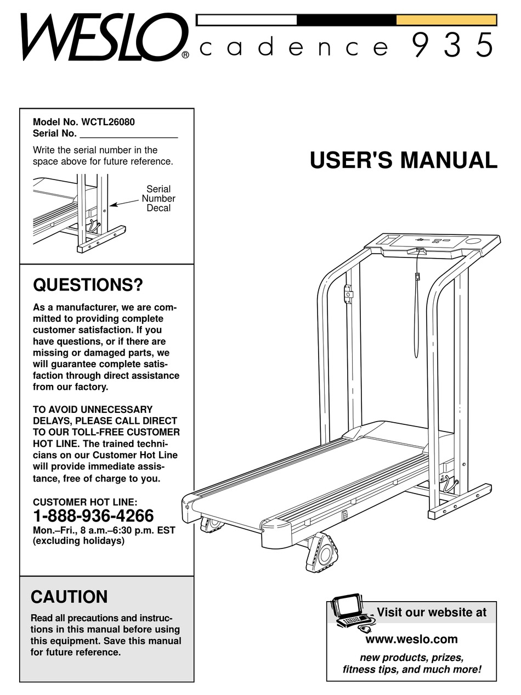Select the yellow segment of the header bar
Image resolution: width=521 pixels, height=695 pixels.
pos(446,20)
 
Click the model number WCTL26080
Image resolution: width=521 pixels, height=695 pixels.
pos(107,122)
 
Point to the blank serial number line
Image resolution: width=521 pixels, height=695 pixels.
pos(128,134)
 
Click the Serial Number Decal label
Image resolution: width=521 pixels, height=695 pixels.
pos(158,199)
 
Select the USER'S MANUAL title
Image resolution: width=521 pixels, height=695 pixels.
pos(403,160)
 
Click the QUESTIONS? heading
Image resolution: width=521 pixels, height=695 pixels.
pos(88,285)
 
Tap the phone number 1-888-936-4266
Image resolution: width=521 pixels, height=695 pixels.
pos(93,517)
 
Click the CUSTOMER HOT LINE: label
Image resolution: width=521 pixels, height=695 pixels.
pos(85,502)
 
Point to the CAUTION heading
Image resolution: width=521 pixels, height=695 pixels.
pos(69,597)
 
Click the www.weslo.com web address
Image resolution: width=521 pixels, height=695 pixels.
pos(411,639)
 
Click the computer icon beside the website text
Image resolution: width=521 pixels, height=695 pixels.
pos(351,612)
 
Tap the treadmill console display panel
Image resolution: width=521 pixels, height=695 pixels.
pos(433,241)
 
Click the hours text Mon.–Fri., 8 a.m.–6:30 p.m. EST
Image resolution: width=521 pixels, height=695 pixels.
pos(104,530)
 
